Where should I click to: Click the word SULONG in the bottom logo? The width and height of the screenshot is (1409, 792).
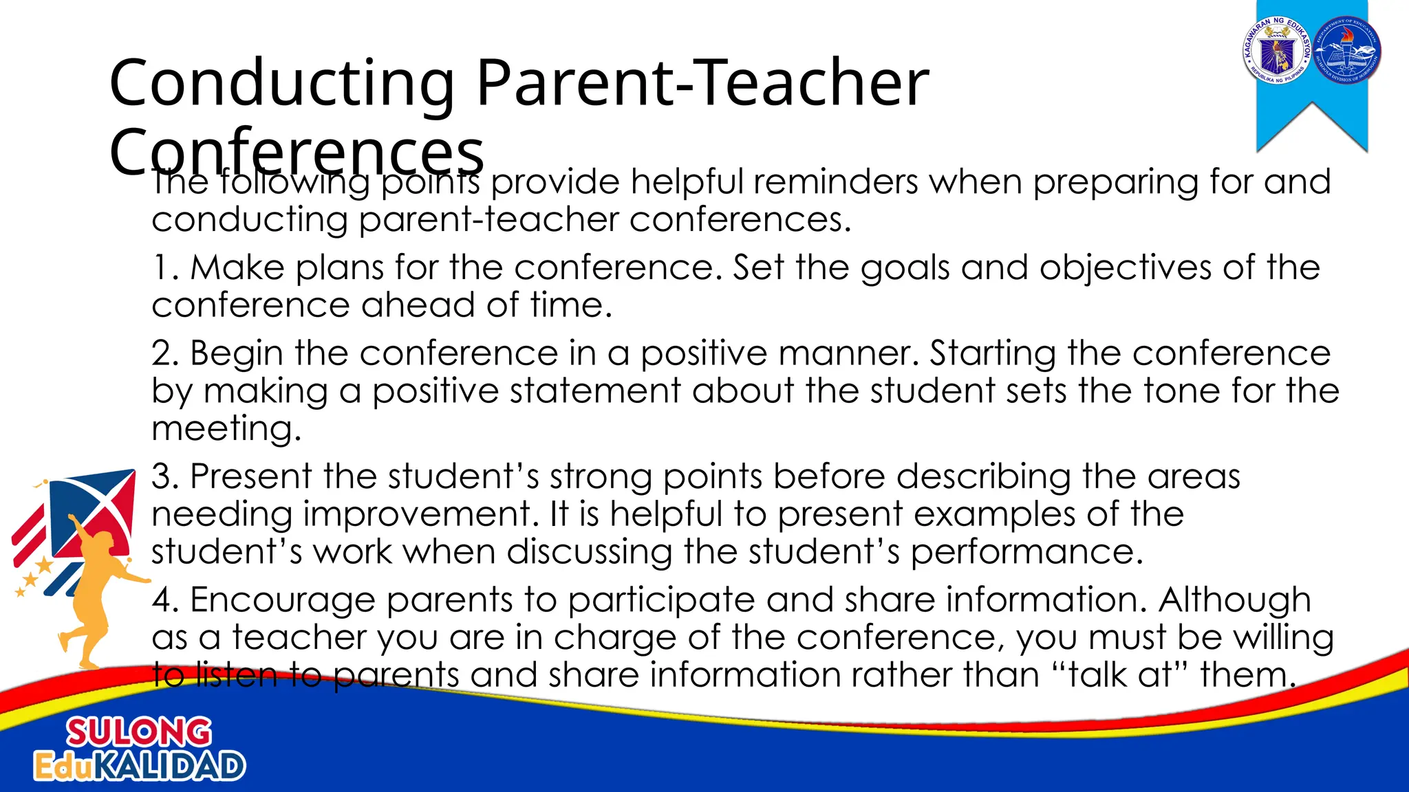[x=139, y=732]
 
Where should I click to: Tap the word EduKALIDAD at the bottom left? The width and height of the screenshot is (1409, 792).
[x=140, y=767]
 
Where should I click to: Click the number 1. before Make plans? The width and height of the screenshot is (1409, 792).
[x=165, y=268]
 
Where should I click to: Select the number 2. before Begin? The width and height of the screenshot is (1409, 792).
[x=166, y=354]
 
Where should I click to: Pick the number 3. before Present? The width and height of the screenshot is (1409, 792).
[x=166, y=476]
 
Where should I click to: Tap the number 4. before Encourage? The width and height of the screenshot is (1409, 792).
[x=166, y=599]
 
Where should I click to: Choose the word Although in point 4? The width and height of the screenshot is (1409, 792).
[x=1234, y=599]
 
